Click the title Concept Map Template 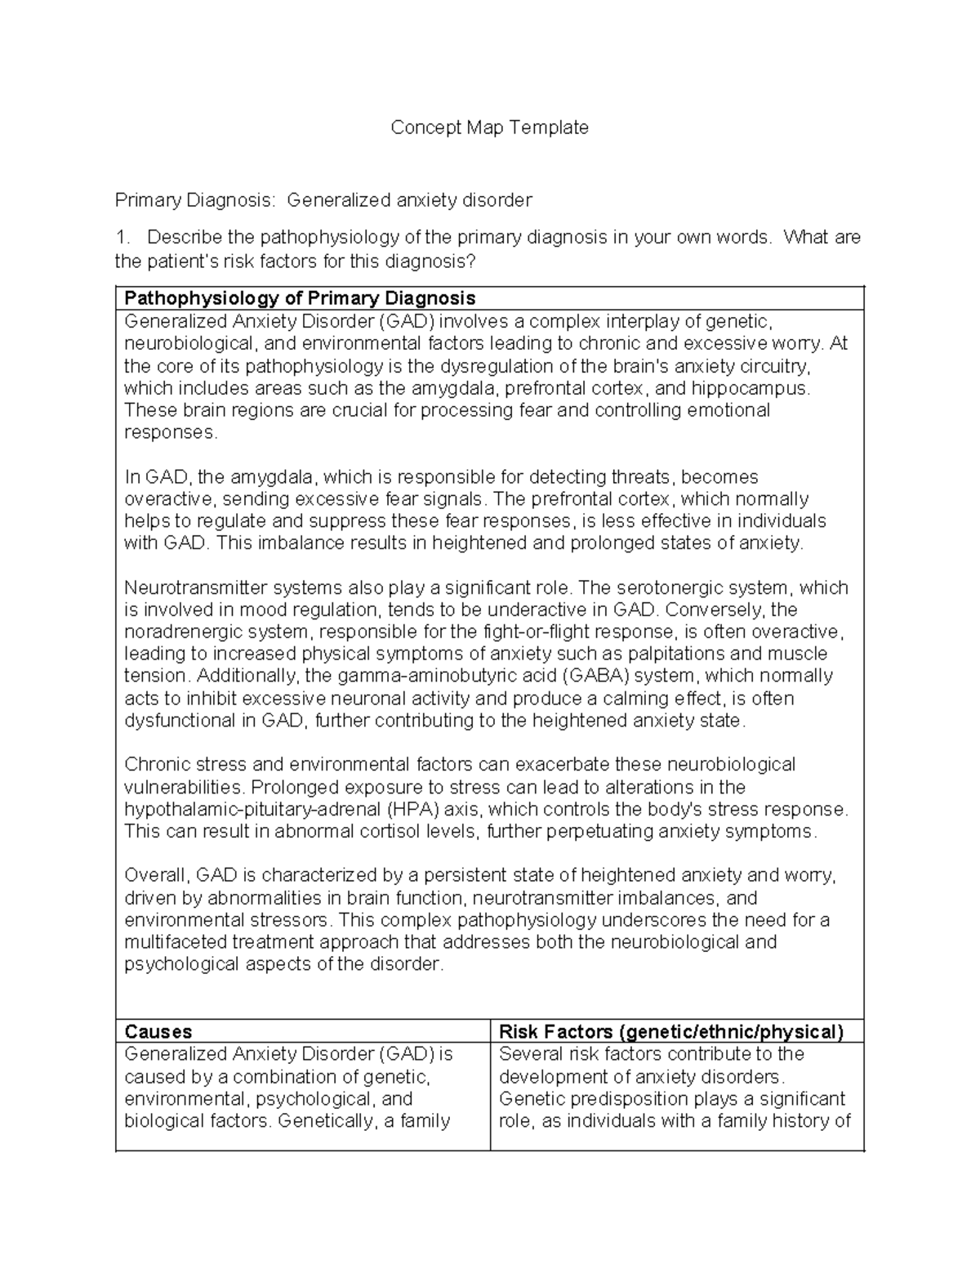489,127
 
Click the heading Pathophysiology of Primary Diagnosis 300,298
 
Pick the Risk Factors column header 670,1031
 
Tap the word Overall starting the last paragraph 156,876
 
